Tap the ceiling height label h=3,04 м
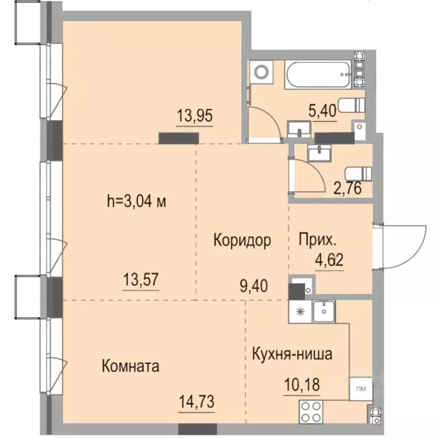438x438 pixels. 136,201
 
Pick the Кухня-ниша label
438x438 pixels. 291,354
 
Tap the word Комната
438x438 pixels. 130,366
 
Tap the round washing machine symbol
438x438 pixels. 262,72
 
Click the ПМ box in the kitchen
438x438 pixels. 360,390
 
